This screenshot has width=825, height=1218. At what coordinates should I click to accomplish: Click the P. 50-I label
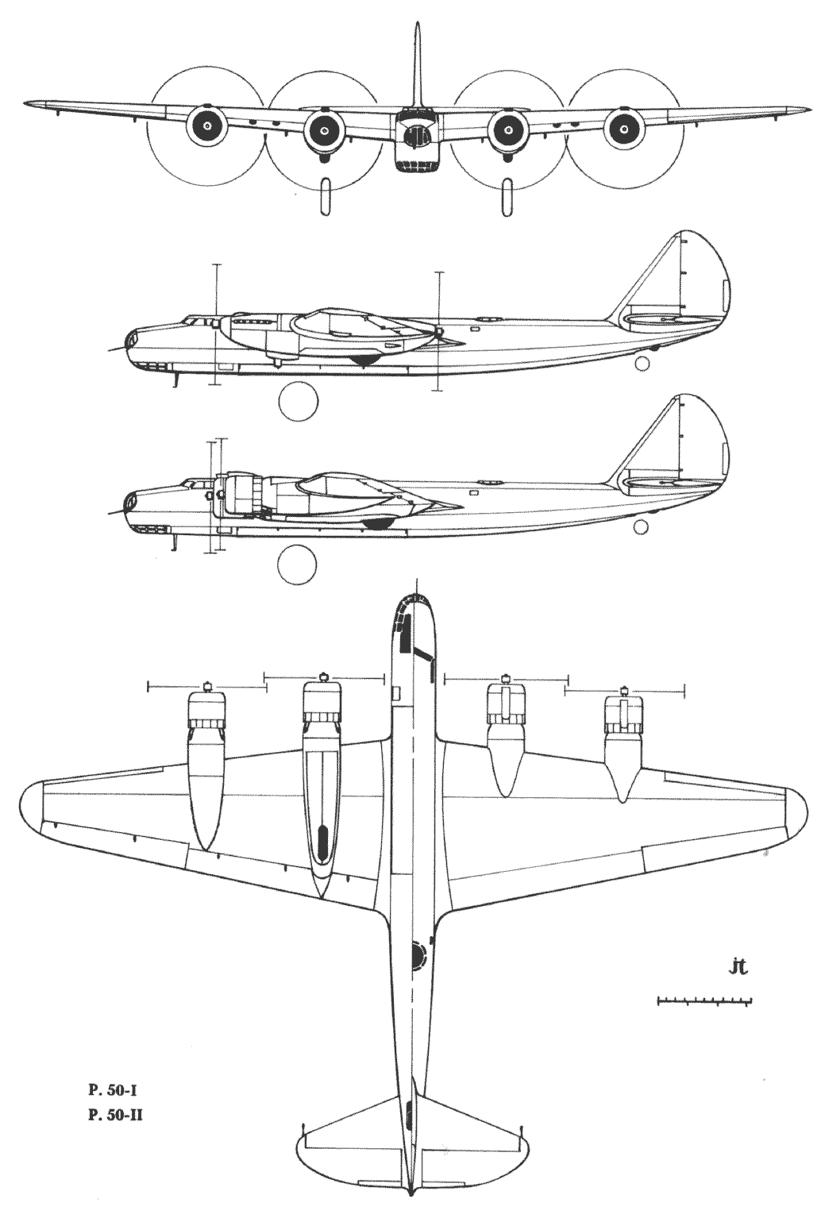[x=113, y=1073]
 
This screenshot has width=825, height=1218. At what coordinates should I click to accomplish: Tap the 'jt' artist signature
[x=738, y=967]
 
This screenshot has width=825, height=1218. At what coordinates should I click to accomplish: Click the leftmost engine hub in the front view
[x=207, y=126]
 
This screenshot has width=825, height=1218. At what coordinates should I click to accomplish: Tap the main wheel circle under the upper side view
[x=298, y=401]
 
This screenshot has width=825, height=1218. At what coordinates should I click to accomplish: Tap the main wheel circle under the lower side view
[x=296, y=563]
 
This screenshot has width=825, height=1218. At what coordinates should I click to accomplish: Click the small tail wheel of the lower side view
[x=642, y=526]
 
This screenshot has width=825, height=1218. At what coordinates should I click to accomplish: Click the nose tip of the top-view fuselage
[x=414, y=595]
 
